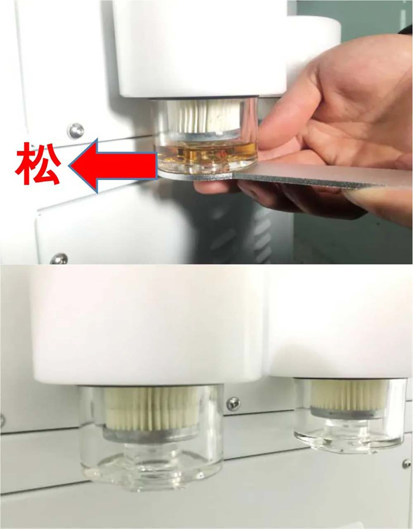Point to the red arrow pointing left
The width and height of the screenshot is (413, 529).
tap(113, 166)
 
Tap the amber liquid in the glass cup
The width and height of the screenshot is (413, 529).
tap(206, 152)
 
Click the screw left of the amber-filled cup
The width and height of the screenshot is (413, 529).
tap(76, 131)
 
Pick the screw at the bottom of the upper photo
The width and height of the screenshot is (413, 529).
tap(59, 259)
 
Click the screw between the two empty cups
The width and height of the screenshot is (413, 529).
tap(233, 405)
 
